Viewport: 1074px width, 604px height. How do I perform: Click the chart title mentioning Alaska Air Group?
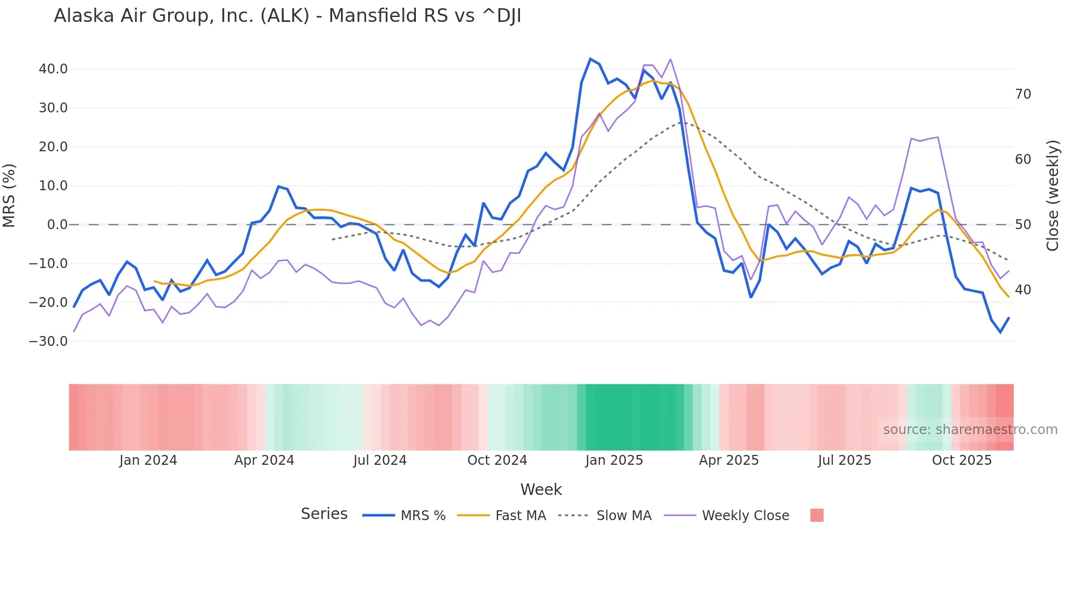(x=287, y=16)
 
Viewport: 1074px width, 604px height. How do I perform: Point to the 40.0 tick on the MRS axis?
(x=53, y=69)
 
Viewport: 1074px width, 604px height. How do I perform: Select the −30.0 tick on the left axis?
(x=48, y=341)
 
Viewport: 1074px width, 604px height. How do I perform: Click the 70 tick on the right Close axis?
(x=1022, y=94)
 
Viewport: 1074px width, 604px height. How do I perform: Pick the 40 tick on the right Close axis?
(x=1022, y=290)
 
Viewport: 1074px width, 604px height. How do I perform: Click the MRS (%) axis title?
(x=9, y=195)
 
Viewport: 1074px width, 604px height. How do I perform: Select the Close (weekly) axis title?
(x=1052, y=195)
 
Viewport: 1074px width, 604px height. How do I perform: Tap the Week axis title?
(x=541, y=489)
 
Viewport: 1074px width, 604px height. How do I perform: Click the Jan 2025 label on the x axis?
(x=614, y=460)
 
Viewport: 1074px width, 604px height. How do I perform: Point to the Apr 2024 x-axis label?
(x=264, y=460)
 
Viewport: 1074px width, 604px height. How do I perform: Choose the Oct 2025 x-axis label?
(x=962, y=460)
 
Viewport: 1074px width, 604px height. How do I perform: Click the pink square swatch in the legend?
(x=816, y=515)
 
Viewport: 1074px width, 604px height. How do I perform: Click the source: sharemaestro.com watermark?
(x=970, y=430)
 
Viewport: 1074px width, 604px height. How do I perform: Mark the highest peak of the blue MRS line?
(x=590, y=59)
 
